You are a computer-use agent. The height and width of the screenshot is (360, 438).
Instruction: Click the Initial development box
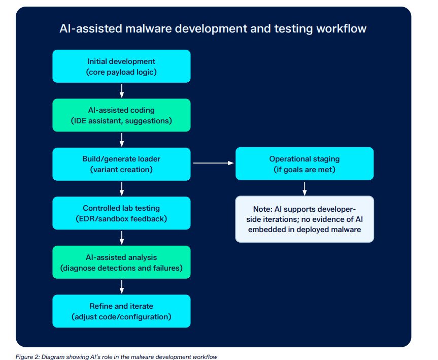(121, 66)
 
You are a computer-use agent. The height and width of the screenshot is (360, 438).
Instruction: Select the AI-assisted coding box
(121, 115)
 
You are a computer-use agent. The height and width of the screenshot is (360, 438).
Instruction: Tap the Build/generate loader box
(121, 164)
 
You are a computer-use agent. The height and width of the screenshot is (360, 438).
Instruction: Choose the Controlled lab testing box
(121, 213)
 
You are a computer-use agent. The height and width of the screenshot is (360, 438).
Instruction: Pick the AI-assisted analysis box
(121, 262)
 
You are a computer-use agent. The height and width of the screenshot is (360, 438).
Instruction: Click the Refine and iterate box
(121, 311)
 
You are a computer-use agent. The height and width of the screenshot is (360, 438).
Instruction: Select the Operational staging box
(305, 164)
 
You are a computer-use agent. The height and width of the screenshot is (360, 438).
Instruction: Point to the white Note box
(305, 219)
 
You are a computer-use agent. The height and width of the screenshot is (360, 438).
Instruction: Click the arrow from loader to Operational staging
(213, 163)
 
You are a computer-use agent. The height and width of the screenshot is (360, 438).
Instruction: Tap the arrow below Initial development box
(121, 91)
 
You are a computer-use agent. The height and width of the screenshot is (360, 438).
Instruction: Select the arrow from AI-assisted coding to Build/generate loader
(121, 140)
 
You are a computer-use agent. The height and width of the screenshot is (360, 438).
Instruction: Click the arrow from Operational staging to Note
(305, 189)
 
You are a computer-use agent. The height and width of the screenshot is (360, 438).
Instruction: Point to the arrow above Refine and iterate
(121, 287)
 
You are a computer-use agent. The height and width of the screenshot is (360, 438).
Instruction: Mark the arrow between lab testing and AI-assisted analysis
(121, 238)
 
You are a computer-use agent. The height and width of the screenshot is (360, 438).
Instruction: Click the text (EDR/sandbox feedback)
(121, 218)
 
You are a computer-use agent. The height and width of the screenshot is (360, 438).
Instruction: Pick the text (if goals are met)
(305, 170)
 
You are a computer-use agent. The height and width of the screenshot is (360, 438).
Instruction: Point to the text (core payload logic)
(121, 72)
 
